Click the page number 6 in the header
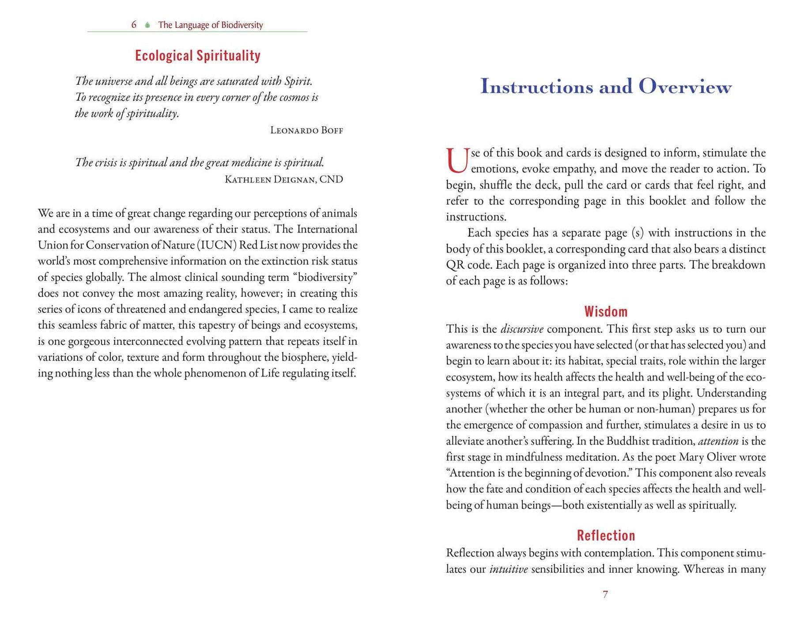tap(134, 25)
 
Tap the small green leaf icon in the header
tap(147, 25)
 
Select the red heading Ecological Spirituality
tap(197, 56)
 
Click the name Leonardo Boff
tap(306, 130)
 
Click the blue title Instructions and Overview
tap(605, 86)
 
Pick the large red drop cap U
tap(457, 161)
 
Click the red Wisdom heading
tap(605, 312)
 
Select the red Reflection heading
tap(605, 536)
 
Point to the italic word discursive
tap(521, 329)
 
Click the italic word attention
tap(718, 441)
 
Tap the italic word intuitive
tap(508, 569)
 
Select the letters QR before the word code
tap(455, 265)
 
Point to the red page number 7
tap(605, 595)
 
